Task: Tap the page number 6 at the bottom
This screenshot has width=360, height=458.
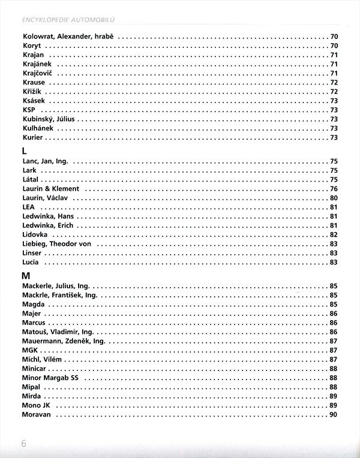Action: pos(25,444)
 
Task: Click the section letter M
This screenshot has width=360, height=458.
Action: pos(25,276)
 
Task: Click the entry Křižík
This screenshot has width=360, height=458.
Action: pos(32,92)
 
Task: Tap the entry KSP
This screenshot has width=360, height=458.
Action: pos(29,110)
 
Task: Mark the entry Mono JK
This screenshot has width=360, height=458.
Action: pos(36,406)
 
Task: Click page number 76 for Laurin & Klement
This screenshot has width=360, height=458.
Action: pos(334,189)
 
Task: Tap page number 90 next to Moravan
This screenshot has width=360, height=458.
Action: pos(334,415)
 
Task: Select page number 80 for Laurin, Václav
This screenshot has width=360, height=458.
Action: pos(334,198)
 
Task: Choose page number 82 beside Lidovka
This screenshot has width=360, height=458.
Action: pos(334,234)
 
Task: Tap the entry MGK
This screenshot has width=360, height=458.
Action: pos(30,350)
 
